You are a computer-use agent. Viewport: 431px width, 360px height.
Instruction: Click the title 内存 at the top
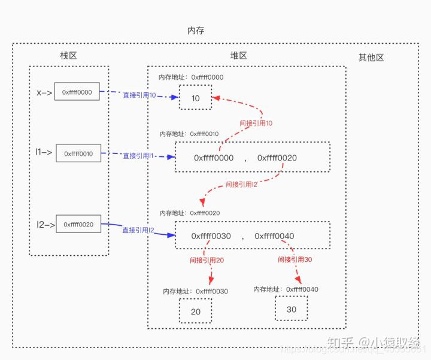click(196, 31)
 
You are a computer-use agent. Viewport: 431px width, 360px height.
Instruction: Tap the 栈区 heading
click(69, 56)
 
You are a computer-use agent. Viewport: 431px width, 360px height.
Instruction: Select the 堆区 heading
click(239, 56)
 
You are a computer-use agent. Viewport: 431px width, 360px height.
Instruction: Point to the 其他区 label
click(371, 58)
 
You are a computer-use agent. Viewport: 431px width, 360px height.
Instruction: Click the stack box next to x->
click(77, 92)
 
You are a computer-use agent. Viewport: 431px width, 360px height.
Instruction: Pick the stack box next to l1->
click(78, 153)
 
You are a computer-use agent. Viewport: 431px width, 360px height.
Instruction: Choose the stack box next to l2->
click(78, 224)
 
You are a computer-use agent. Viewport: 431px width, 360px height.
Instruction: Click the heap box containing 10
click(195, 98)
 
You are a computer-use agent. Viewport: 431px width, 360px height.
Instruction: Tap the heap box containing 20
click(195, 311)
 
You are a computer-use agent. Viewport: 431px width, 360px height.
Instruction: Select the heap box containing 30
click(291, 310)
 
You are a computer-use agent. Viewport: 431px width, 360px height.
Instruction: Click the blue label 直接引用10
click(139, 96)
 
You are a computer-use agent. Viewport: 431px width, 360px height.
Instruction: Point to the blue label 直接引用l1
click(139, 156)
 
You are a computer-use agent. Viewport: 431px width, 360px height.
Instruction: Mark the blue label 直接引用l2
click(138, 230)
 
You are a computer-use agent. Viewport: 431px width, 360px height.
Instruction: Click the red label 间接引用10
click(256, 123)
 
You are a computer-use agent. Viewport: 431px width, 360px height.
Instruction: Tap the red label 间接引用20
click(207, 261)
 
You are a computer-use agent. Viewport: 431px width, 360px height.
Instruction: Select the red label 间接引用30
click(295, 260)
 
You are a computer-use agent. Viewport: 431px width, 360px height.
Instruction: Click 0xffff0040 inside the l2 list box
click(274, 236)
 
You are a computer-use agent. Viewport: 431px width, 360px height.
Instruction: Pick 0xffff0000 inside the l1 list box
click(214, 158)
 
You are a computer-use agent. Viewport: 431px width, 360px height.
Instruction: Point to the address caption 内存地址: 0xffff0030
click(195, 291)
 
